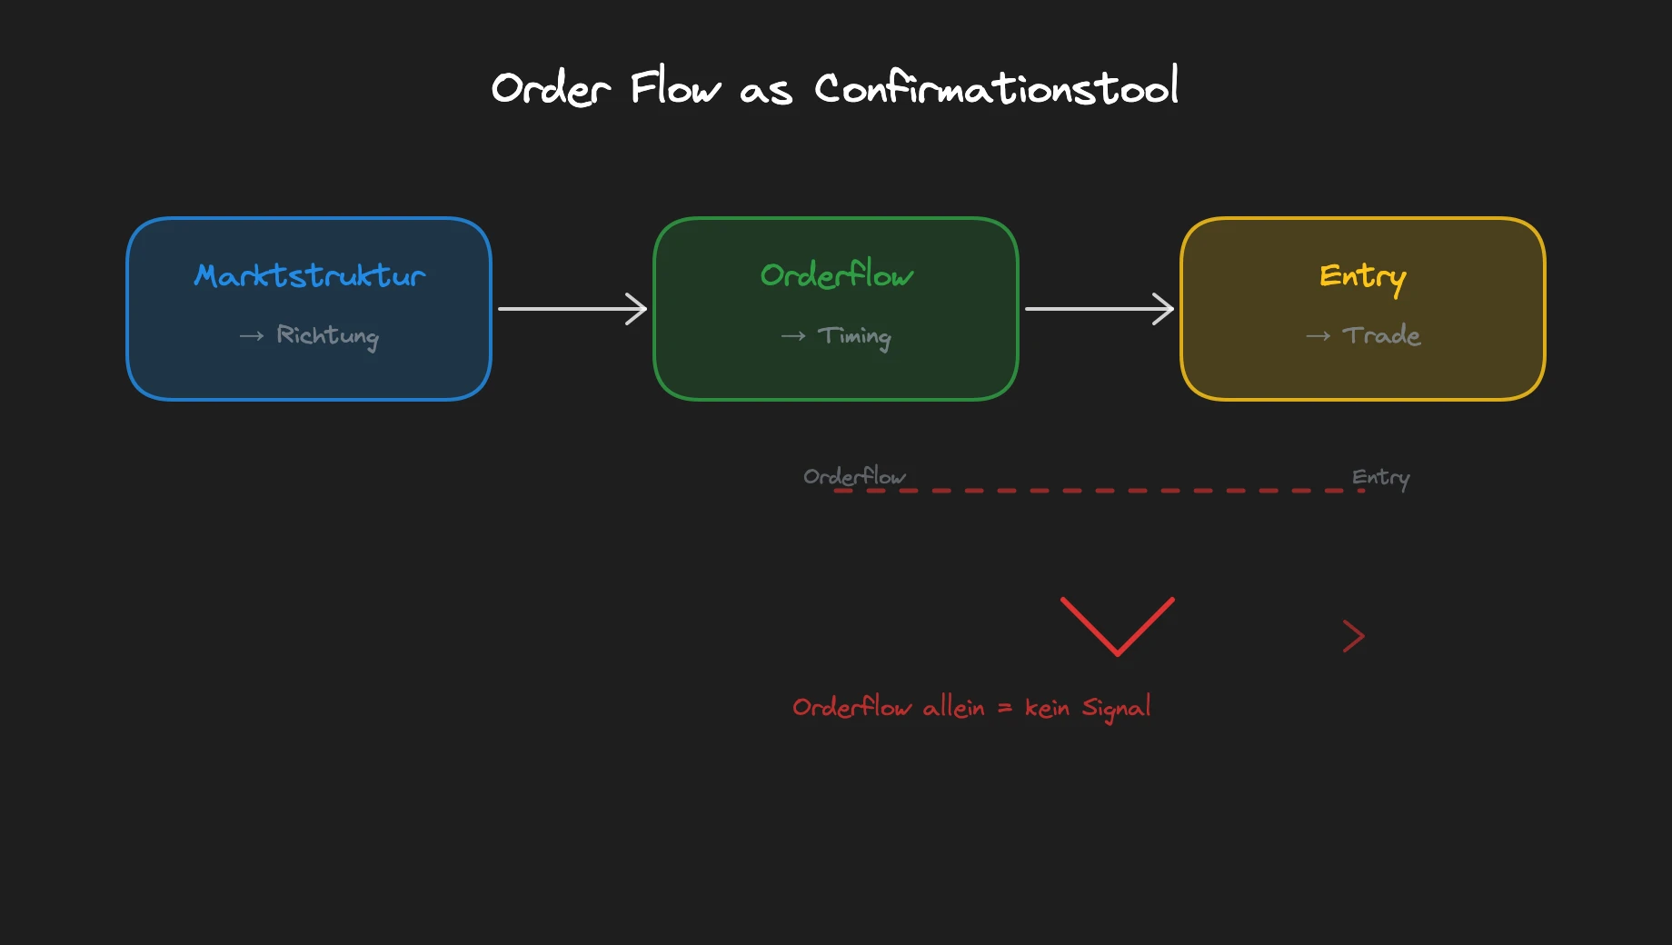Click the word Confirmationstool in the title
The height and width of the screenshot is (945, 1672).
(996, 88)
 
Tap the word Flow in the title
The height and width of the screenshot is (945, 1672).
(675, 88)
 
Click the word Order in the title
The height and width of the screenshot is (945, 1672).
(551, 89)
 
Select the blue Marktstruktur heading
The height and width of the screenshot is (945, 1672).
(310, 275)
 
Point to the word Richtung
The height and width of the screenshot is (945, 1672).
(327, 336)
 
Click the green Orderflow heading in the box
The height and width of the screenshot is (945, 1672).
(837, 274)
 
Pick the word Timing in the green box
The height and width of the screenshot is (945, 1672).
(854, 336)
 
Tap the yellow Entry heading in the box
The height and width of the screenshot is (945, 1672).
(1362, 276)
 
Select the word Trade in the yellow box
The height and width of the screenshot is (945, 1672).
(1381, 335)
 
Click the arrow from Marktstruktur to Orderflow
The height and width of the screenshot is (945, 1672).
(572, 309)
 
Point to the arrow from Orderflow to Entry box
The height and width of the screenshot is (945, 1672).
(1100, 309)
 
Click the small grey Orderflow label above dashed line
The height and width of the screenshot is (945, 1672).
(854, 476)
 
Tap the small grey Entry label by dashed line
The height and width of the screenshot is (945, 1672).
(1380, 478)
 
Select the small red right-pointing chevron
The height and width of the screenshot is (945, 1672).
(1354, 636)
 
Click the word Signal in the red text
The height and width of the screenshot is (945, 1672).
(1116, 708)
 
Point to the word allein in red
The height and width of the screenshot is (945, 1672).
(953, 707)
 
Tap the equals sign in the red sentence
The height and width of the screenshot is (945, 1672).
(1004, 708)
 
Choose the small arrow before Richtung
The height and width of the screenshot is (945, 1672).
(252, 336)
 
